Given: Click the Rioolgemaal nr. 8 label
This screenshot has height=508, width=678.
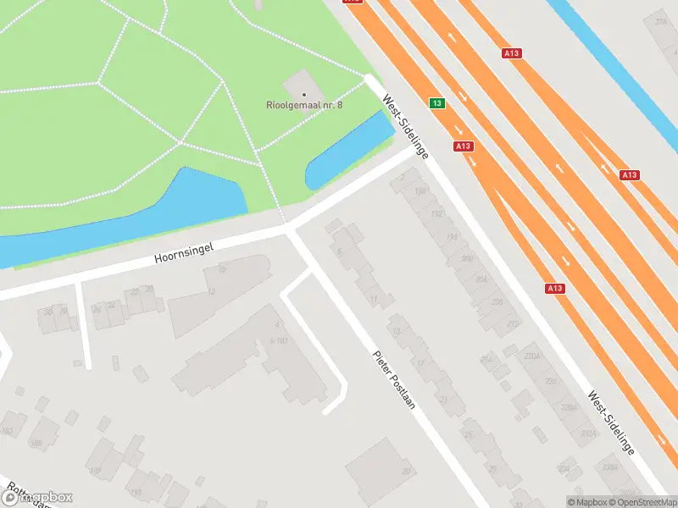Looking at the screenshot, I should (x=303, y=105).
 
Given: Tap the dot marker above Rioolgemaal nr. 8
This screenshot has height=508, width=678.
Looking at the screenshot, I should (x=303, y=94).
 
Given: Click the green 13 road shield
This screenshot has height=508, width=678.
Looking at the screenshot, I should (x=436, y=103).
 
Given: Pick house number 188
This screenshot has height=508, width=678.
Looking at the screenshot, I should (x=419, y=192).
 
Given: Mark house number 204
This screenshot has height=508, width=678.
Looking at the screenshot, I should (x=481, y=279).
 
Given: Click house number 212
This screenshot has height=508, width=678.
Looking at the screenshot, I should (x=512, y=323).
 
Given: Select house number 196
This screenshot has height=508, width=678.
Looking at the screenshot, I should (x=452, y=236).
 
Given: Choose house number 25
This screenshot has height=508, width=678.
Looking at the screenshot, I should (x=468, y=435).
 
